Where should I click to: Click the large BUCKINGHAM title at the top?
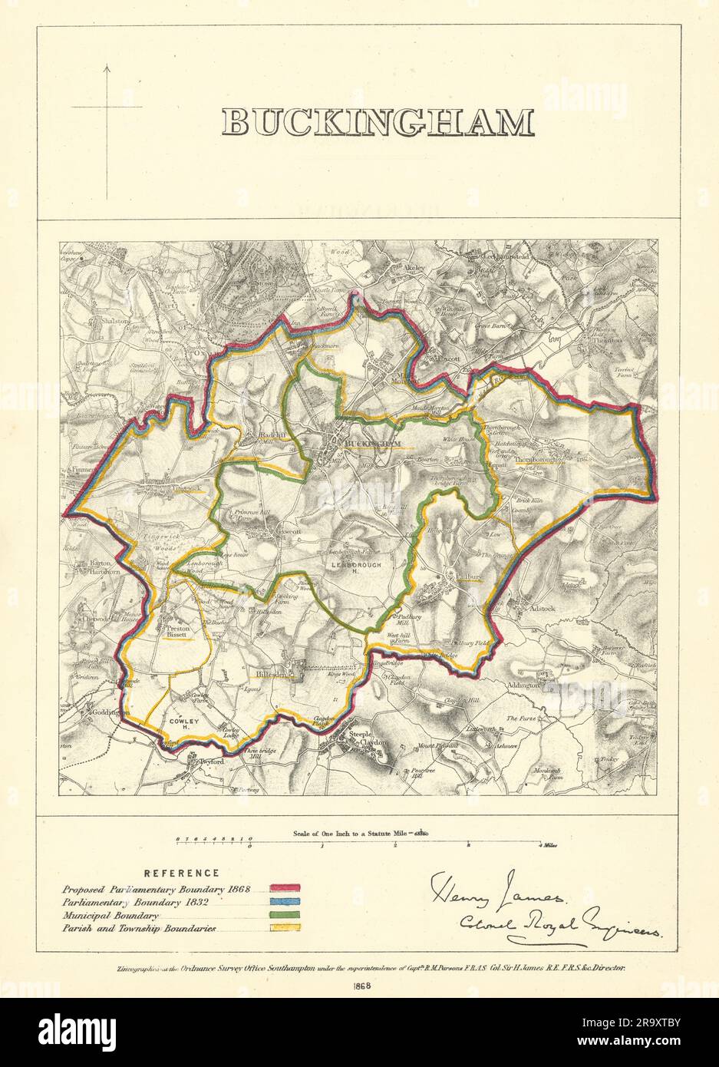(377, 123)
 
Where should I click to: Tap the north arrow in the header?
(107, 107)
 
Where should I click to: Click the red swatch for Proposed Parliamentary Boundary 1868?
(284, 890)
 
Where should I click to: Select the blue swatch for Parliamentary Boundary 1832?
(284, 902)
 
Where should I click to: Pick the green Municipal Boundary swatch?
(284, 915)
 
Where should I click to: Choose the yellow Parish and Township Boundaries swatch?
(284, 927)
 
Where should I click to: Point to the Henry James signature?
(500, 890)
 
